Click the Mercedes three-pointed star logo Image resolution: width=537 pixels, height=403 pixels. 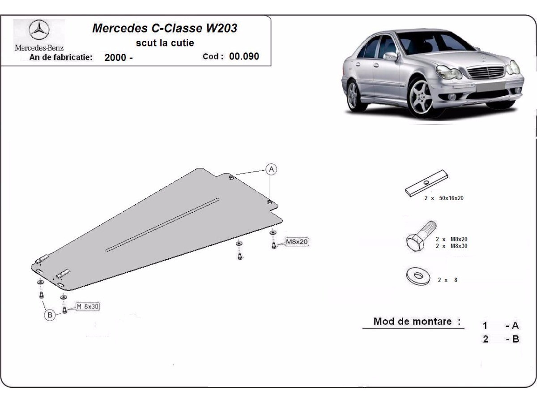tap(39, 30)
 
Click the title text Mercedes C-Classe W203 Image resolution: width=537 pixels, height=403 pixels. tap(165, 28)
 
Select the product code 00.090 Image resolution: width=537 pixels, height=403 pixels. tap(244, 56)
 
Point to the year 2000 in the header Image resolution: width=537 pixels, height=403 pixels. tap(115, 57)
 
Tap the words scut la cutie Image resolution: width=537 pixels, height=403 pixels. tap(165, 43)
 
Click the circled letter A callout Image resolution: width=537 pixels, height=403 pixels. tap(271, 169)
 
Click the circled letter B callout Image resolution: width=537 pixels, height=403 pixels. tap(50, 315)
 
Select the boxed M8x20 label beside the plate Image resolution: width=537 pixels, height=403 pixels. tap(297, 242)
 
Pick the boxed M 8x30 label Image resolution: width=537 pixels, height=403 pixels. tap(88, 306)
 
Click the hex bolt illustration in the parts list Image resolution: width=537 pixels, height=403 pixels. tap(421, 236)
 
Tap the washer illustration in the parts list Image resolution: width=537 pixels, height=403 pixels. tap(418, 276)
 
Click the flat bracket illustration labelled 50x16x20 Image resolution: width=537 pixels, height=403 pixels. tap(426, 183)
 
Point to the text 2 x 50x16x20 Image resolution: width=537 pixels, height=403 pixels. tap(444, 198)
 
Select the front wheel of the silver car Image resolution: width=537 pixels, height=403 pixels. tap(420, 98)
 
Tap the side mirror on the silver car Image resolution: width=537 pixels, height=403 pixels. tap(391, 56)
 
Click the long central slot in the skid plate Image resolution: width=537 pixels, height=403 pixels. tap(162, 225)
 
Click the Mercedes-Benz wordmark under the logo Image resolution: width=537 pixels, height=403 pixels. tap(39, 48)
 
